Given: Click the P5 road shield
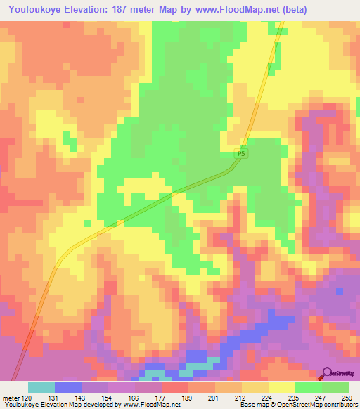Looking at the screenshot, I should (241, 153).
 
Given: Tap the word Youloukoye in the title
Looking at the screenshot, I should (33, 8).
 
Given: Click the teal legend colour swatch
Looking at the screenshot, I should (41, 387).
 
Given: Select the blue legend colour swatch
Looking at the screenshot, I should (68, 387).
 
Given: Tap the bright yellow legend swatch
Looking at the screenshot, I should (282, 387).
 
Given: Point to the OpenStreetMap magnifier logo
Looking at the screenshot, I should (326, 374).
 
